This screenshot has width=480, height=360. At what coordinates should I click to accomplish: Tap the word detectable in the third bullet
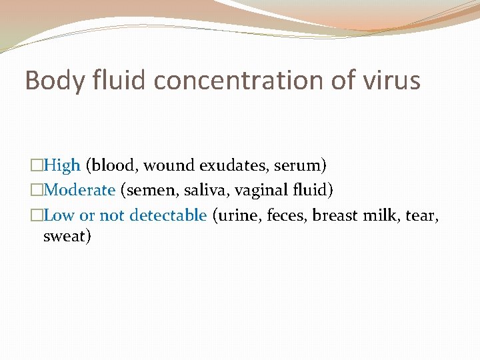tap(168, 215)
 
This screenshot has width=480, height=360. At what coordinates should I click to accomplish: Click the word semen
tap(147, 190)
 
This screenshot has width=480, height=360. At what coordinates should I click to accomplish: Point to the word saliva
tap(203, 190)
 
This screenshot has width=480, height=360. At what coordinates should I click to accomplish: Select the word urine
tap(237, 215)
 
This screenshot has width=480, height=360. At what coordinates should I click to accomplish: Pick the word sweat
tap(65, 236)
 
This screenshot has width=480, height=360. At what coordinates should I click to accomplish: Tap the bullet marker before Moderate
tap(37, 191)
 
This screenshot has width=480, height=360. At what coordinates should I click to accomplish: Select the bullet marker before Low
tap(37, 216)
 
